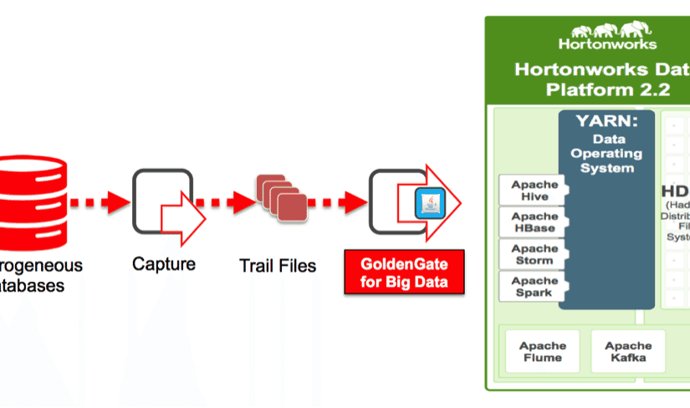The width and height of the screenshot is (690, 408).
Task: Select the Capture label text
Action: click(x=164, y=264)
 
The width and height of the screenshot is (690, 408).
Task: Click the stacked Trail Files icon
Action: click(x=279, y=197)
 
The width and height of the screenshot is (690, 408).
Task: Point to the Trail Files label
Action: click(x=278, y=266)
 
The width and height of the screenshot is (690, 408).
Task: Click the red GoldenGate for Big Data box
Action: click(x=404, y=273)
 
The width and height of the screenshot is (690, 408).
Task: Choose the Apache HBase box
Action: click(x=529, y=222)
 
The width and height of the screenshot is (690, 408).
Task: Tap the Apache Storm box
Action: click(x=529, y=254)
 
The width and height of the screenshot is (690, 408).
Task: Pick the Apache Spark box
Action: click(x=529, y=286)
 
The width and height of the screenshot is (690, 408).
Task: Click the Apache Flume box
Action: click(x=542, y=351)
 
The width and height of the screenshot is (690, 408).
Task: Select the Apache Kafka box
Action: click(x=628, y=351)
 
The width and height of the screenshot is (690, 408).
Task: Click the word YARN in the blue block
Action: click(x=605, y=122)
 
